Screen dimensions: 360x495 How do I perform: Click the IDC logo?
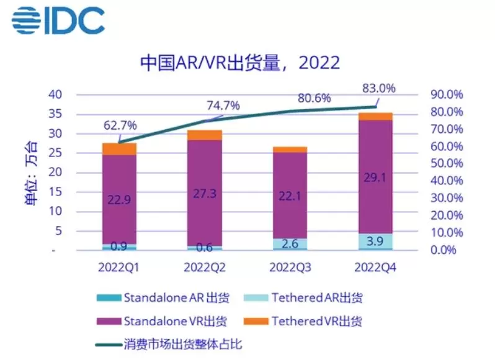pyautogui.click(x=58, y=20)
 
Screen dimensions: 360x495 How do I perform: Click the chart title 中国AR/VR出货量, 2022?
pyautogui.click(x=239, y=63)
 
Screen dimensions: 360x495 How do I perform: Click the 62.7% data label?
pyautogui.click(x=120, y=124)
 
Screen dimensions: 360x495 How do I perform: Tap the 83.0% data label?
pyautogui.click(x=378, y=88)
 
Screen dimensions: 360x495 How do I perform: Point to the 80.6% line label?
pyautogui.click(x=314, y=98)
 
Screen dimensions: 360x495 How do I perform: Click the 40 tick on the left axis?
pyautogui.click(x=57, y=94)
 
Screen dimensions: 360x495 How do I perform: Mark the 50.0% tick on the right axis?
pyautogui.click(x=445, y=164)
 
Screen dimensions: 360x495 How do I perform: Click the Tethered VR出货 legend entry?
pyautogui.click(x=316, y=322)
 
